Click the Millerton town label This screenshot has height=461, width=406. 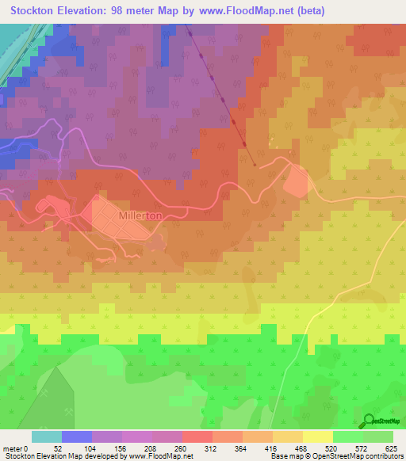[x=140, y=215]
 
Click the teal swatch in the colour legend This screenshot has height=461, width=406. [x=46, y=436]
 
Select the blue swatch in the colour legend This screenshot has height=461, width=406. [x=76, y=436]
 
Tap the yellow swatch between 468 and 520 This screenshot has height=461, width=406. [x=318, y=436]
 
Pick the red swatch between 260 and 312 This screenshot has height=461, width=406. [x=197, y=436]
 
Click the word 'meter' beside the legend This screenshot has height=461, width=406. [x=12, y=449]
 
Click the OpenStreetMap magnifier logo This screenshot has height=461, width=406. [x=370, y=420]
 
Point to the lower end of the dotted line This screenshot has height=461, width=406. [x=254, y=165]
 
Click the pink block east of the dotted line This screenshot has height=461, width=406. [x=296, y=183]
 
